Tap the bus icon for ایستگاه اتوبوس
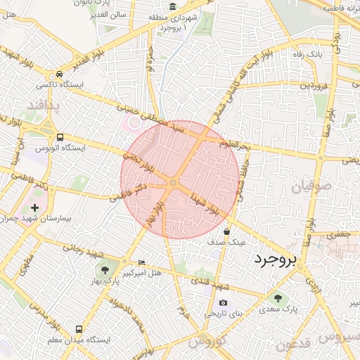[x=60, y=138]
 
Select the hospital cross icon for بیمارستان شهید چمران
[x=35, y=207]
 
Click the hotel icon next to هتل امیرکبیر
[x=143, y=262]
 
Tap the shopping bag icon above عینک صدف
[x=226, y=231]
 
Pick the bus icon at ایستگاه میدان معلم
[x=78, y=329]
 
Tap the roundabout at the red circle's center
[x=172, y=184]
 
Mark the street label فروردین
[x=314, y=84]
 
